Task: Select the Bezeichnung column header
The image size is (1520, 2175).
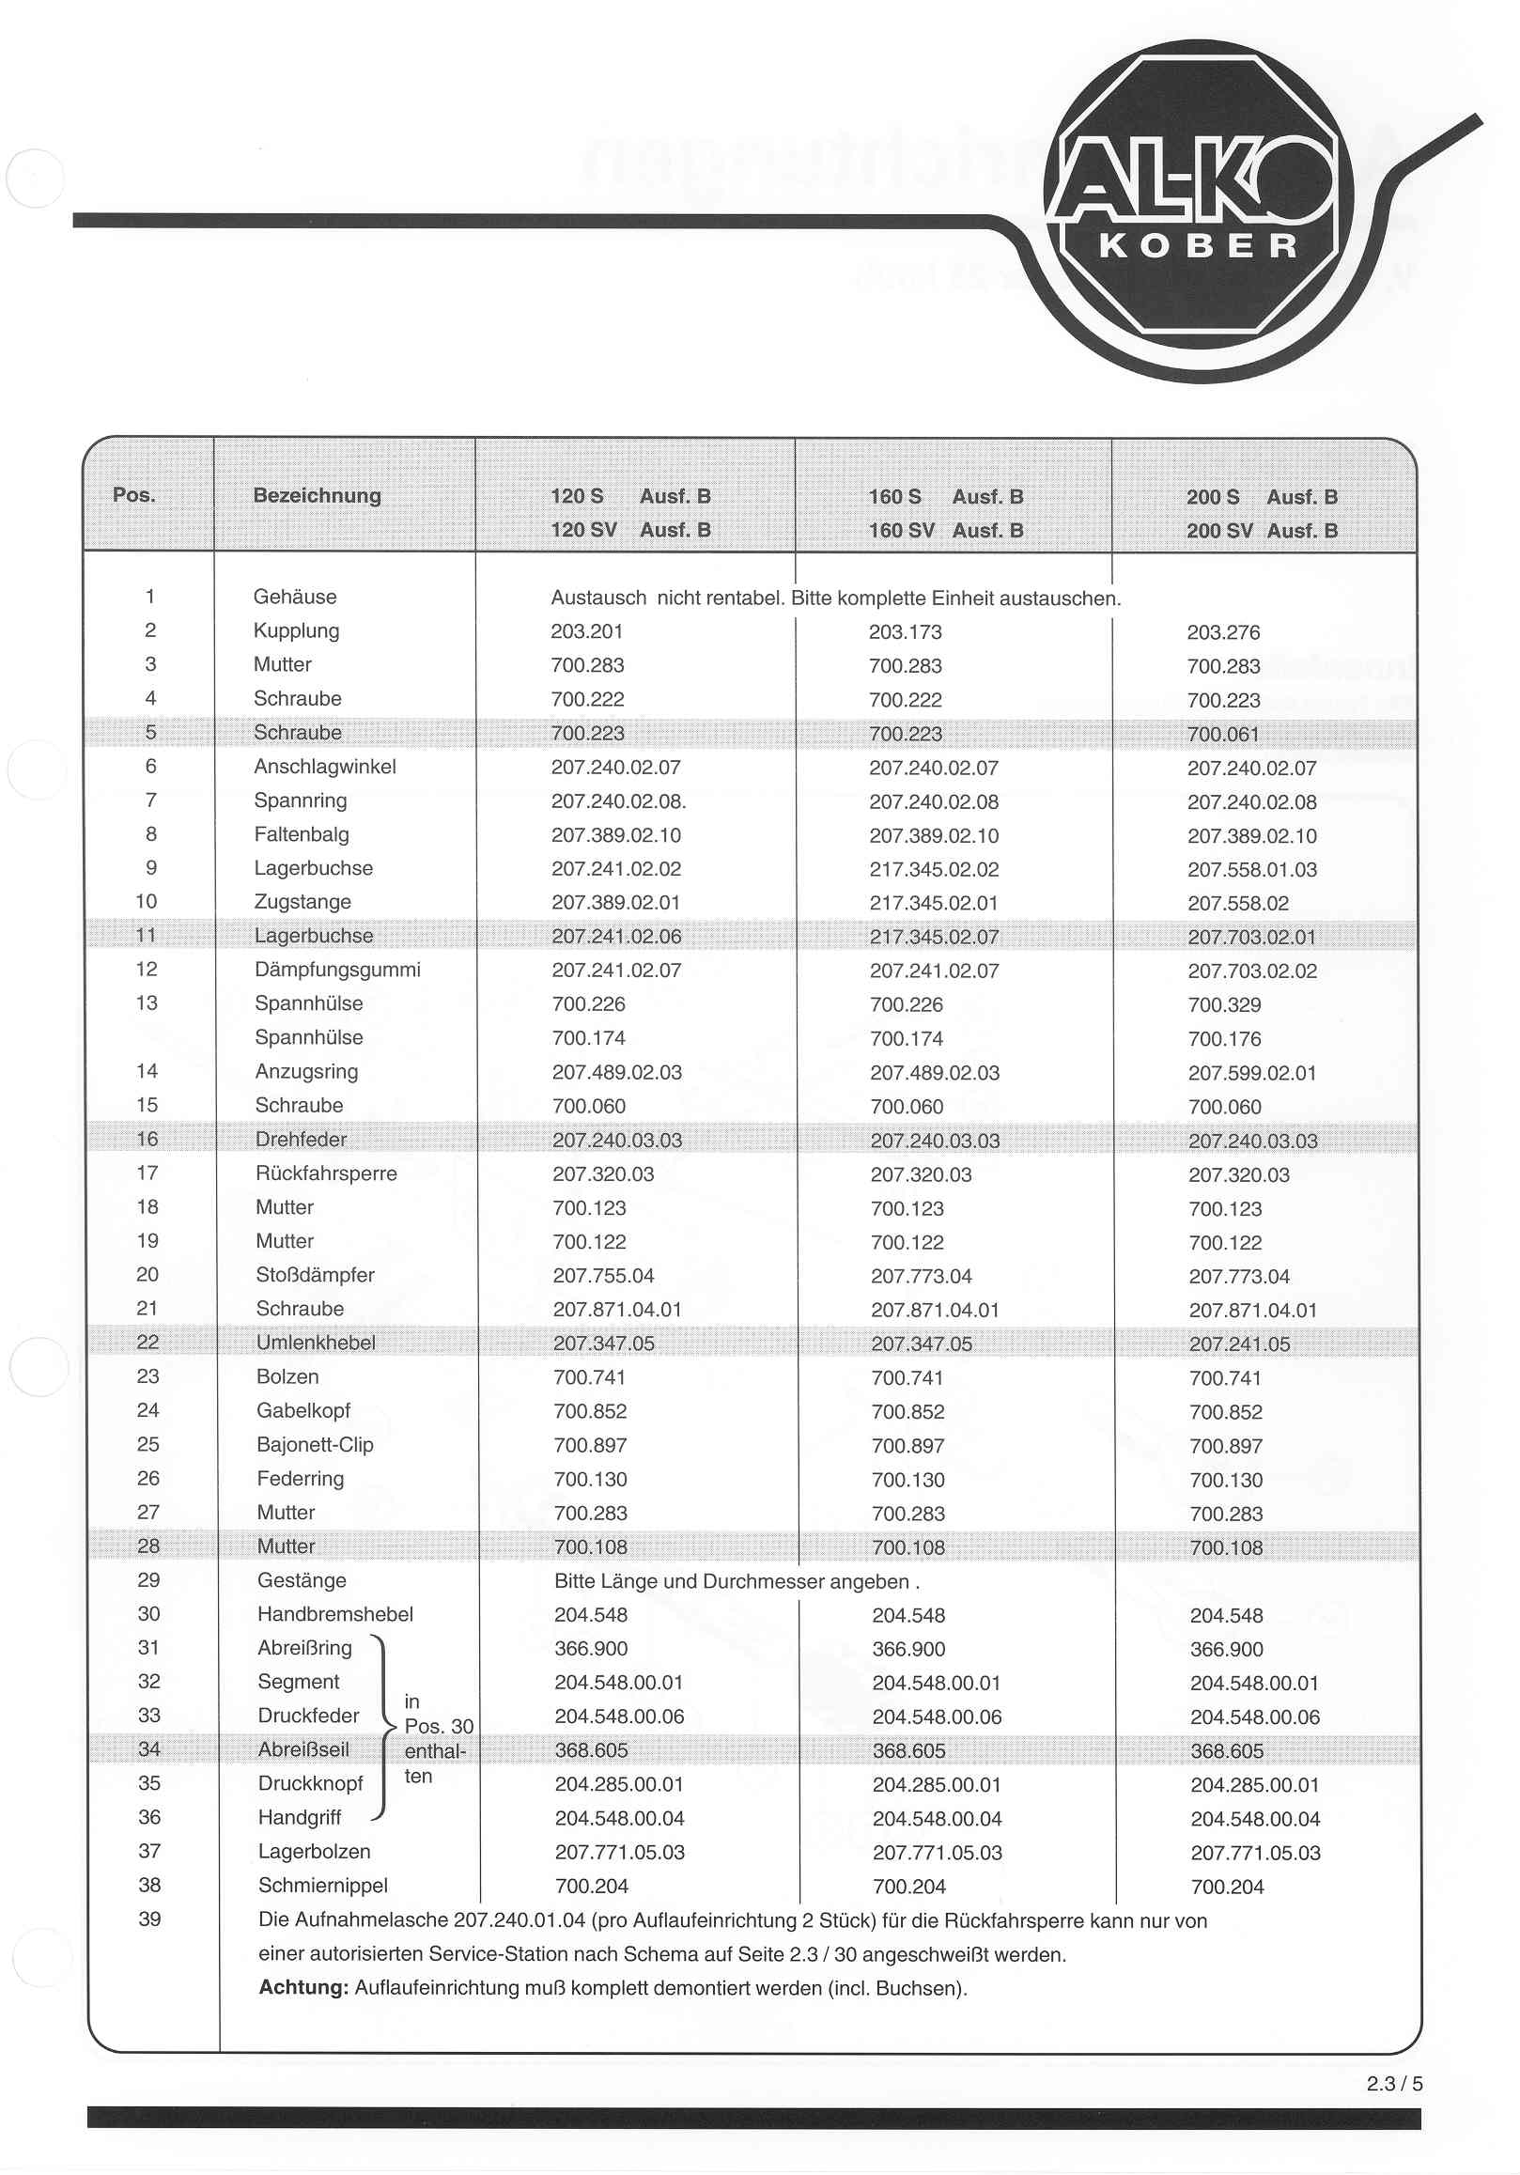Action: pos(317,495)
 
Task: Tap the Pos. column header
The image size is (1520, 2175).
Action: pos(133,494)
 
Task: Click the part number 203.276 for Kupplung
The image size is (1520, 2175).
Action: pos(1222,632)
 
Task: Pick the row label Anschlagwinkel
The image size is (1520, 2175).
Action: pos(325,767)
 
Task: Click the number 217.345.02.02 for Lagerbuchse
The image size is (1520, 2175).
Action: pos(933,869)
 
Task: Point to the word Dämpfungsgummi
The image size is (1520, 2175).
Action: pos(337,969)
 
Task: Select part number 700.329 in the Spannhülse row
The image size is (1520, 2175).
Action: pos(1224,1004)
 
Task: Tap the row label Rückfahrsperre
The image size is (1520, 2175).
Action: pos(326,1173)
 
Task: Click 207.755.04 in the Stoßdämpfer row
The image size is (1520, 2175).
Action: pos(603,1276)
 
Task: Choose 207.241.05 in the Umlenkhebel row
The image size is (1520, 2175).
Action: pos(1239,1344)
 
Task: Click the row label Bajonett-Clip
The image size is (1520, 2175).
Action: pos(315,1445)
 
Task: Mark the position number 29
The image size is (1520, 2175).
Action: pos(148,1579)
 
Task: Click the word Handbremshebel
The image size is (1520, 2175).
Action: pos(335,1613)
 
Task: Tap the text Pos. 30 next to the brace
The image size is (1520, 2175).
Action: pos(439,1726)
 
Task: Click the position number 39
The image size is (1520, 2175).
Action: pos(149,1919)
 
